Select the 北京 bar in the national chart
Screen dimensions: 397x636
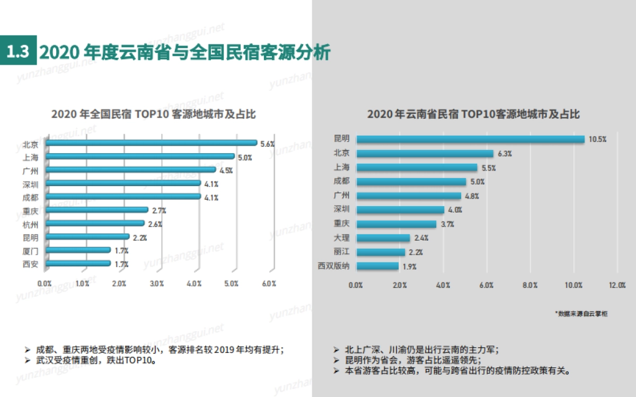(152, 143)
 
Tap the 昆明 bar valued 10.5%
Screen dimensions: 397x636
(470, 139)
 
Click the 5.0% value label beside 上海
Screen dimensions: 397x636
(244, 157)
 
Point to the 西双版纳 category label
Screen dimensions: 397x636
(334, 266)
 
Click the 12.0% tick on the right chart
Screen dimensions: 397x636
(617, 285)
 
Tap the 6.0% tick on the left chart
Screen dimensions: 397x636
(269, 284)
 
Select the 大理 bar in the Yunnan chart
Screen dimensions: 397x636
(383, 238)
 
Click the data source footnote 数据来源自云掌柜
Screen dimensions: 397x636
(582, 314)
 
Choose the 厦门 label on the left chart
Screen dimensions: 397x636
(30, 250)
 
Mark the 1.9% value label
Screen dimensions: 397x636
(410, 267)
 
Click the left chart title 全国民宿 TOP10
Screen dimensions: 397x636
(154, 114)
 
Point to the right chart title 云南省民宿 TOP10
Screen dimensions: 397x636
(473, 114)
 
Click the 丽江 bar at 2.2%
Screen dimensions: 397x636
(381, 252)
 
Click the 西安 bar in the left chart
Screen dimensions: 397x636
(78, 263)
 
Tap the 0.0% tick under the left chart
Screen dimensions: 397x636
(46, 284)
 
